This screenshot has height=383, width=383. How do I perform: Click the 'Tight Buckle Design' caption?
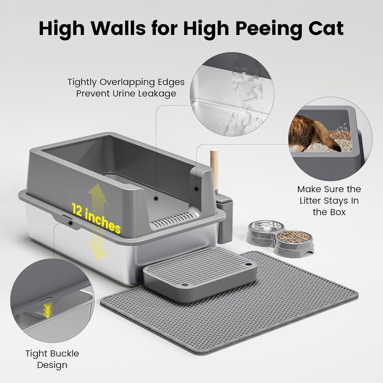click(x=52, y=359)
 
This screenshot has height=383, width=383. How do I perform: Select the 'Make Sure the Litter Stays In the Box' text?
click(x=329, y=200)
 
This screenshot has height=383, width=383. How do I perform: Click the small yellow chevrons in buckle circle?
click(x=48, y=310)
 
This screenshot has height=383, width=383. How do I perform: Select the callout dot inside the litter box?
click(x=156, y=198)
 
